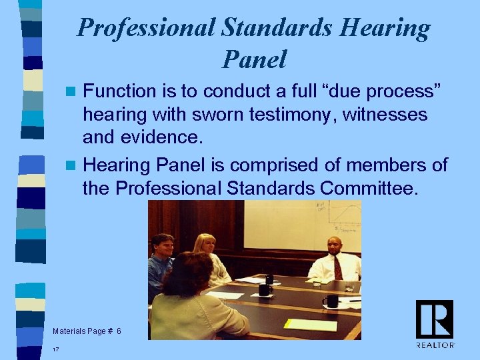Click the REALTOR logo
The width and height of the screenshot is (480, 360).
click(435, 323)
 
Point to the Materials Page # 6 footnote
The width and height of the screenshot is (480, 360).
click(87, 331)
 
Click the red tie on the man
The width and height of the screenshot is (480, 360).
click(337, 267)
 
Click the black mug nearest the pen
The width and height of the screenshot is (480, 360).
click(331, 301)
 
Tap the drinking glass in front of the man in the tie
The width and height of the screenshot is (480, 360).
click(313, 280)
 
